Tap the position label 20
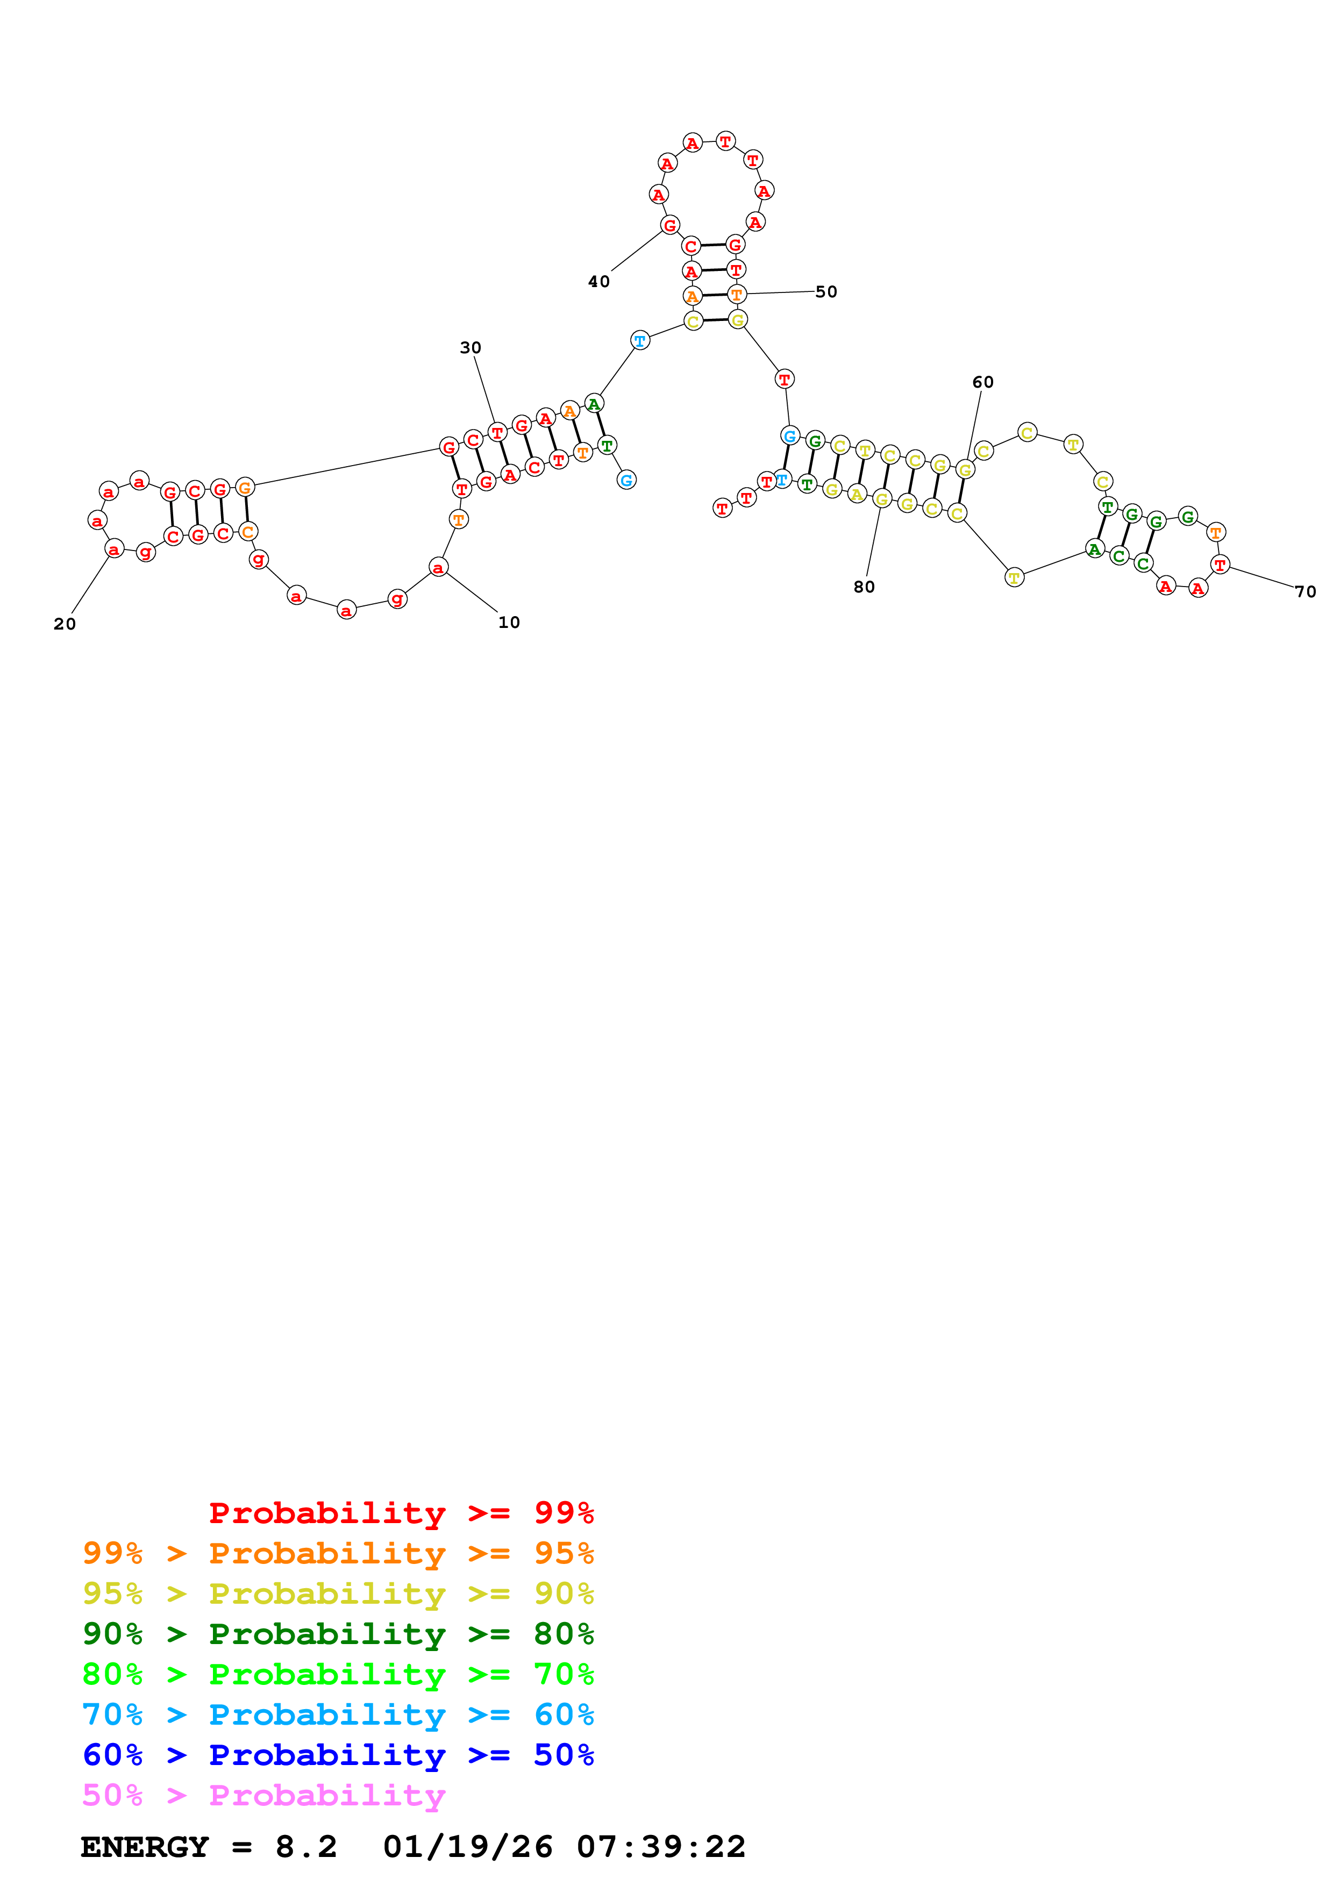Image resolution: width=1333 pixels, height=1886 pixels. pyautogui.click(x=65, y=624)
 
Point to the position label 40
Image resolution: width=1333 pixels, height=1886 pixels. pyautogui.click(x=598, y=282)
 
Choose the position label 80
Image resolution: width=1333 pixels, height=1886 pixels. pyautogui.click(x=864, y=587)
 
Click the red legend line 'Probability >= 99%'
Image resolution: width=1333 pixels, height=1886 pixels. pyautogui.click(x=402, y=1512)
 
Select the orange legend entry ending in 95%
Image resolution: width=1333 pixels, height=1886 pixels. pyautogui.click(x=338, y=1553)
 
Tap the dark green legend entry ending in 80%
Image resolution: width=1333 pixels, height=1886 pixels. pyautogui.click(x=338, y=1634)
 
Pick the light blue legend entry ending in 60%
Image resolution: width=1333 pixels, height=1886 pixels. pyautogui.click(x=338, y=1714)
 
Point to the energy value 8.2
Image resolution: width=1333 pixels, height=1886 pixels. pyautogui.click(x=306, y=1847)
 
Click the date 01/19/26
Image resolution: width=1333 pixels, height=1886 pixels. pyautogui.click(x=468, y=1847)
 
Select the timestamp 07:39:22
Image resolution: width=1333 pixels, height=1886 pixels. pyautogui.click(x=661, y=1847)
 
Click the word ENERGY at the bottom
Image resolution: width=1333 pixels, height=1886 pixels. pyautogui.click(x=145, y=1847)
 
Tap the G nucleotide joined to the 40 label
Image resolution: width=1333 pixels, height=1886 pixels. pyautogui.click(x=670, y=225)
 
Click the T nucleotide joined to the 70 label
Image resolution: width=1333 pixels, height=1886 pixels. pyautogui.click(x=1220, y=565)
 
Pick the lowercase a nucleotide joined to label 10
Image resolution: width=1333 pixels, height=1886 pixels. pyautogui.click(x=439, y=568)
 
